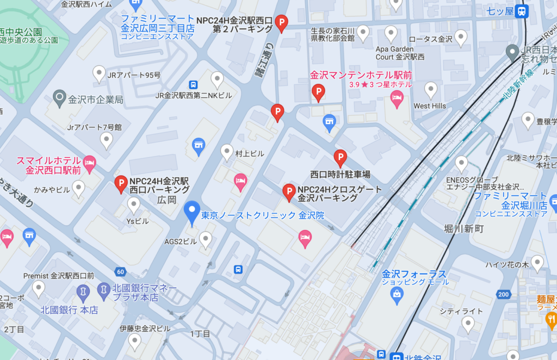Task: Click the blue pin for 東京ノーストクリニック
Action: pos(191,213)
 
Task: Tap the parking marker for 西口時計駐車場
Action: pos(341,158)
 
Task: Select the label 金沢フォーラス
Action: pos(414,274)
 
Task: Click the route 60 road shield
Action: pos(120,271)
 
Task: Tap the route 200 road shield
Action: pos(503,294)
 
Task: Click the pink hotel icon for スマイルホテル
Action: pos(89,162)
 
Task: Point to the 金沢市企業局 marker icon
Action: pos(59,99)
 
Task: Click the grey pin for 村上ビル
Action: pos(227,152)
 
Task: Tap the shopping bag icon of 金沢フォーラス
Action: pos(397,294)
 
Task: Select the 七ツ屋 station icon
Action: pos(522,10)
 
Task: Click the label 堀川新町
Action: pos(463,228)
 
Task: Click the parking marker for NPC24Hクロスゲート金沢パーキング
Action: pos(289,191)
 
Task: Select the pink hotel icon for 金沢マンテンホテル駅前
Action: pos(397,98)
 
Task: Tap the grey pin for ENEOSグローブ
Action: pos(461,163)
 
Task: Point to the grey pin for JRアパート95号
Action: pos(99,73)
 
